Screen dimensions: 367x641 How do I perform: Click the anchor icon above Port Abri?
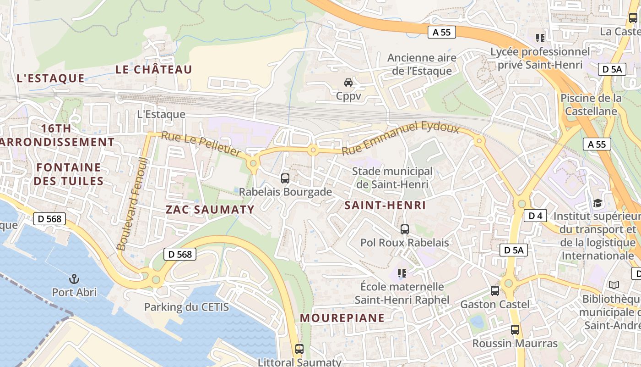click(74, 278)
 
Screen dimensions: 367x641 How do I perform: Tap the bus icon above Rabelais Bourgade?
click(285, 178)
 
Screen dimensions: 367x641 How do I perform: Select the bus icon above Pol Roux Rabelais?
click(404, 229)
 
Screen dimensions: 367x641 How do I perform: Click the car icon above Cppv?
click(348, 83)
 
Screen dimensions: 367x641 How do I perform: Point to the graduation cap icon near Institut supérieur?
click(598, 203)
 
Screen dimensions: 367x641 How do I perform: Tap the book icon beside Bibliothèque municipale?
click(614, 285)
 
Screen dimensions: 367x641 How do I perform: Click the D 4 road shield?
click(535, 216)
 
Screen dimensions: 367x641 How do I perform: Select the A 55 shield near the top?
click(441, 32)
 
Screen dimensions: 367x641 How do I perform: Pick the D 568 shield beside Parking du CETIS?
click(180, 254)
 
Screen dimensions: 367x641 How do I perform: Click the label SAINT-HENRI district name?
click(385, 205)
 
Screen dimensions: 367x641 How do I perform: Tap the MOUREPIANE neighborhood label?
click(342, 317)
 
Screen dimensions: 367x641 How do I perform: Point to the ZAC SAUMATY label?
click(210, 210)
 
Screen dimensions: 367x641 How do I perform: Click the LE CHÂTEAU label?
click(153, 69)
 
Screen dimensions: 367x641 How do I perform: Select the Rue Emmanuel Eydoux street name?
click(401, 136)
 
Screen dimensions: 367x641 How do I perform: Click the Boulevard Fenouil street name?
click(133, 204)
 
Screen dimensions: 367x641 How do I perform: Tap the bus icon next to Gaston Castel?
click(495, 290)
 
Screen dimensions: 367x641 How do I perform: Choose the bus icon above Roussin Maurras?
click(515, 330)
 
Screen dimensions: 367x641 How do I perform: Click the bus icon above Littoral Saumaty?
click(299, 349)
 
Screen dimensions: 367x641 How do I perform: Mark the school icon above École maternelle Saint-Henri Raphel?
click(402, 274)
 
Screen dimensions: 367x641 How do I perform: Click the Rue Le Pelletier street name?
click(201, 144)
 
